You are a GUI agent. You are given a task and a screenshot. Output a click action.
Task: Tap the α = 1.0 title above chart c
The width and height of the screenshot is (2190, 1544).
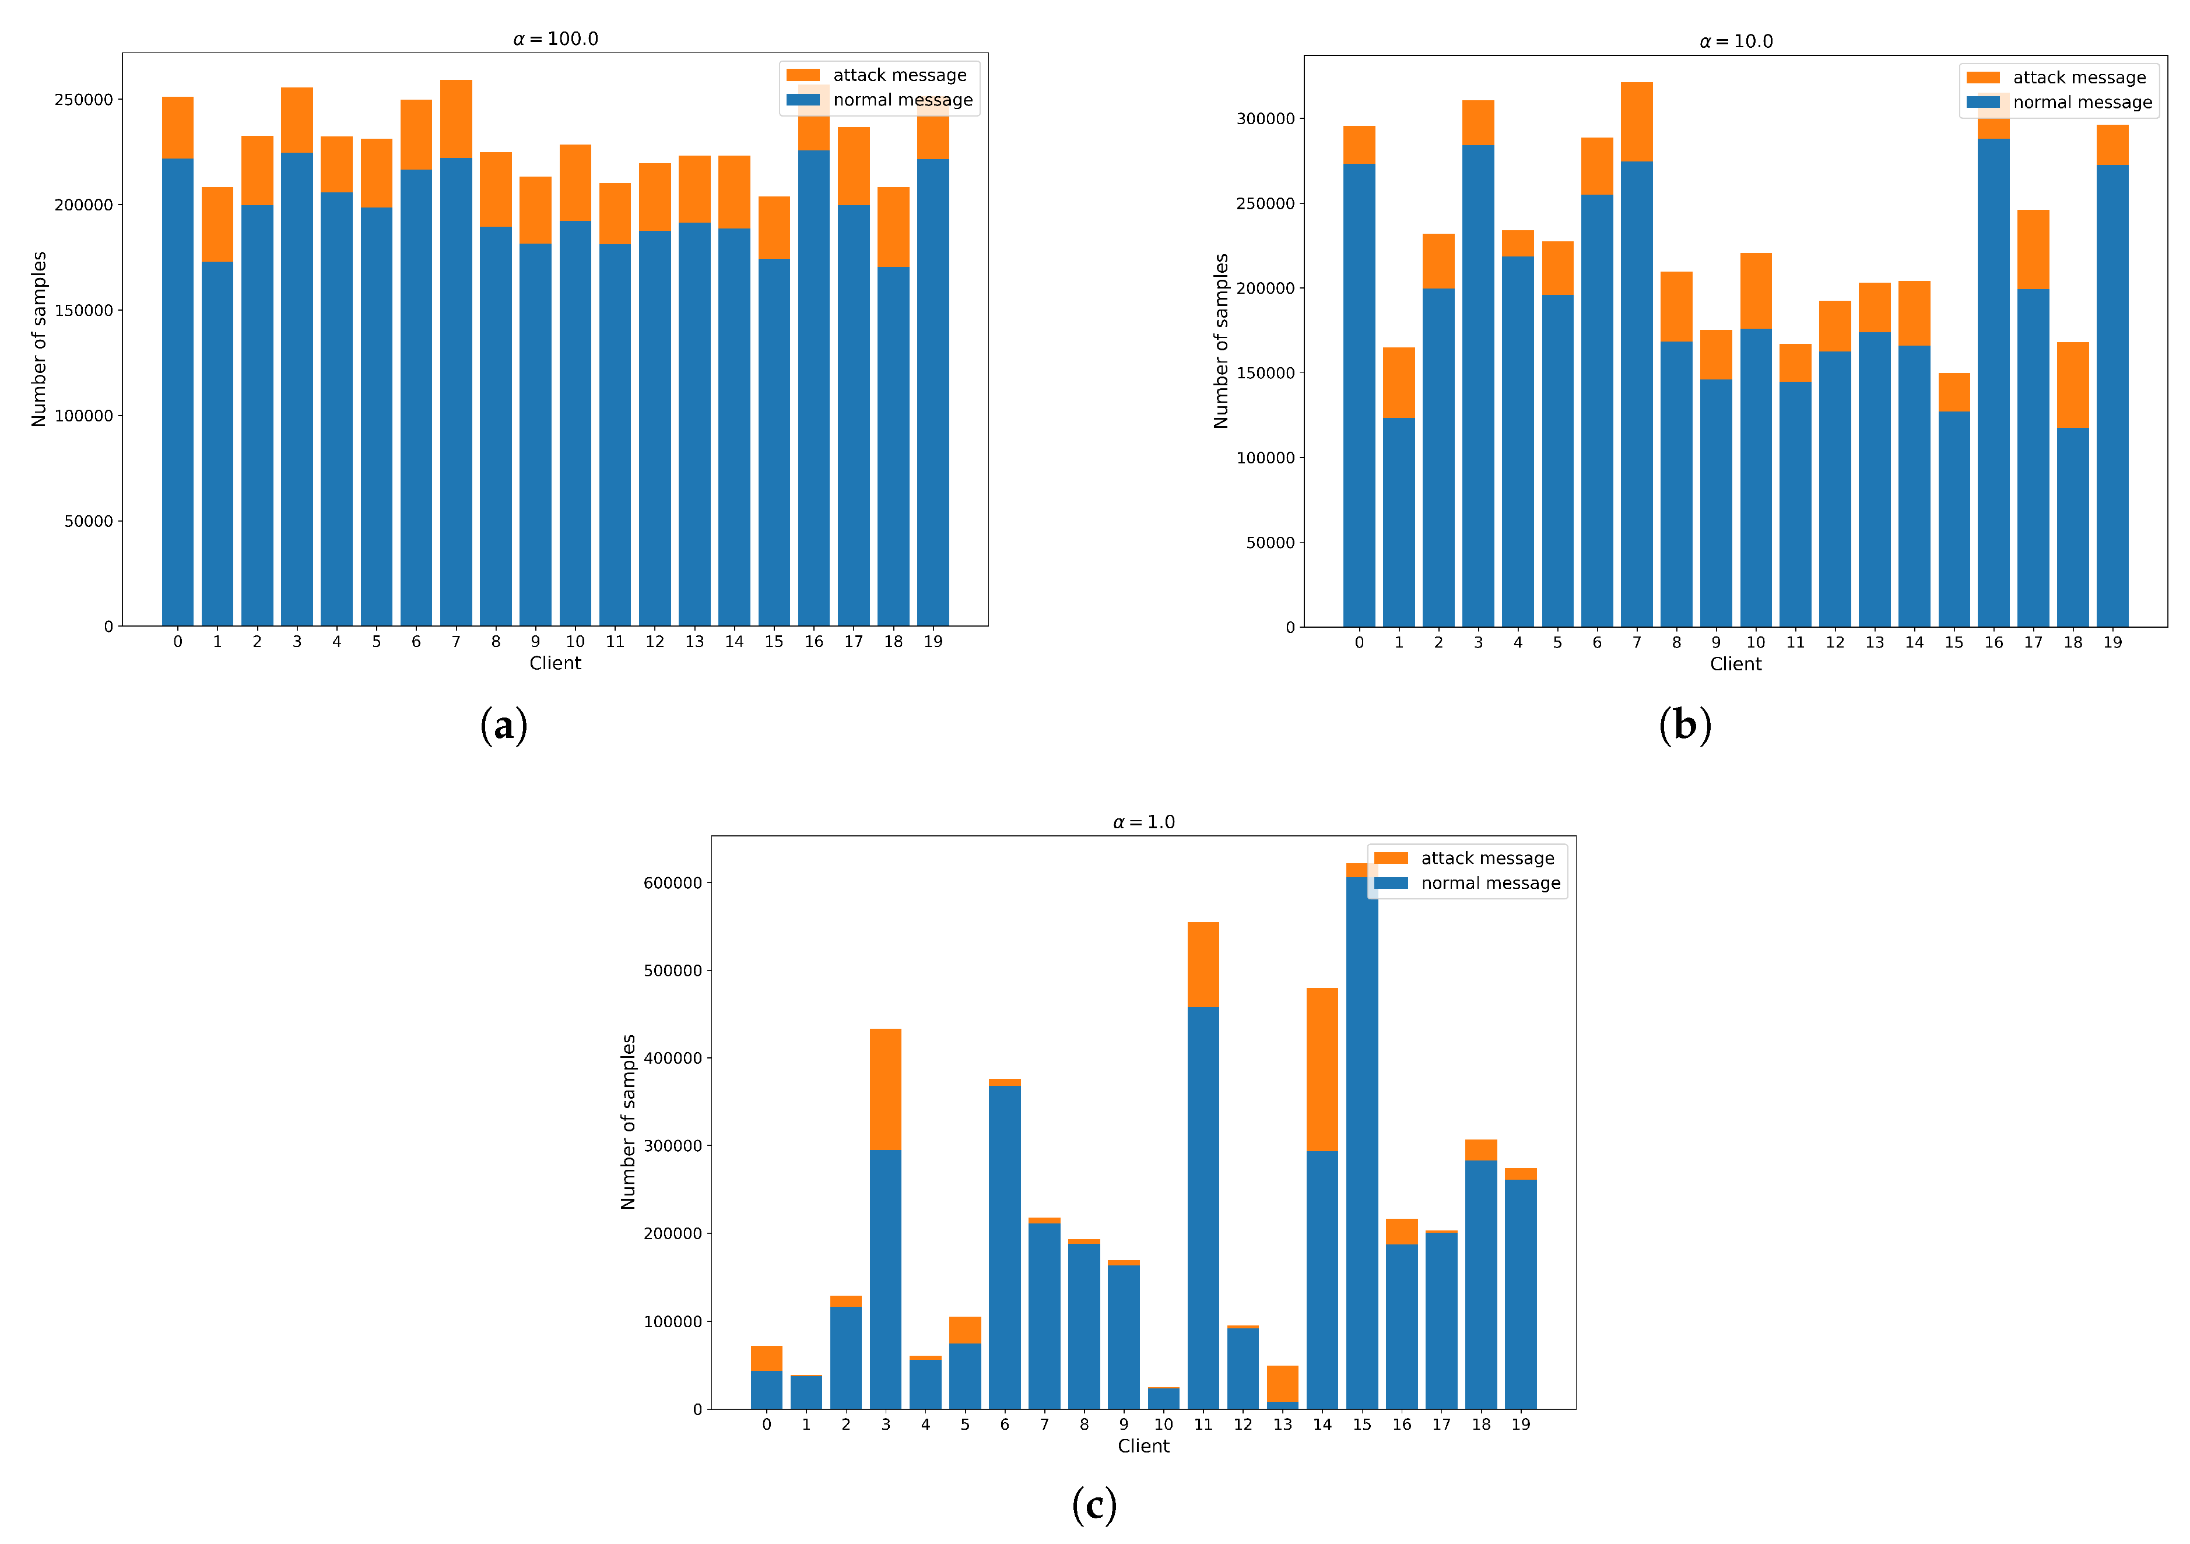[1143, 822]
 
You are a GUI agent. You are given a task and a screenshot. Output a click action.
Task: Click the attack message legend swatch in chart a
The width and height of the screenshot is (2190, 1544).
[803, 75]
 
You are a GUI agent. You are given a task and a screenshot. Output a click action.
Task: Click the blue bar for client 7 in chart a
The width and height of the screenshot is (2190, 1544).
[456, 391]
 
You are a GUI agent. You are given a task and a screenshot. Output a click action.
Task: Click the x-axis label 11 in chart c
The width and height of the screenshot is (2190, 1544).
[1203, 1424]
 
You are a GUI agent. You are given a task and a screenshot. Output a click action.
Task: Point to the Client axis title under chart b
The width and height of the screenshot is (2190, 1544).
[1735, 664]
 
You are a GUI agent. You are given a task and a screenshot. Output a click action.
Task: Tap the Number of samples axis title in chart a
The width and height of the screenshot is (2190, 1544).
[39, 339]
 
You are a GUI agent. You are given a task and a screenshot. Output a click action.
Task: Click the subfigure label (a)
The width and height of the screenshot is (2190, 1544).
[504, 725]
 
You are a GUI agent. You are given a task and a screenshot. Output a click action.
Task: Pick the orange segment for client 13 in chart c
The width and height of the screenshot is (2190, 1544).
[1282, 1383]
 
